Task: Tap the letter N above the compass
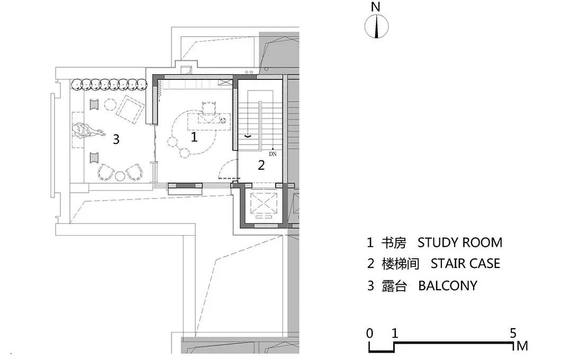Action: [376, 7]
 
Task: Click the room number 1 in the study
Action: [194, 137]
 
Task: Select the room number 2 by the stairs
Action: [261, 165]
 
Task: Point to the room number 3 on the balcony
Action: [116, 140]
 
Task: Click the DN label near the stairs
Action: [273, 154]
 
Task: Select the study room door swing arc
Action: [228, 169]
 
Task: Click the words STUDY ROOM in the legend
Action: [459, 243]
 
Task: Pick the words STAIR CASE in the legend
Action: [465, 264]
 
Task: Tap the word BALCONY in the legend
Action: [447, 286]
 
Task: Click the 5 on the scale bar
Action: [513, 334]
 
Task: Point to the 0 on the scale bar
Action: [369, 334]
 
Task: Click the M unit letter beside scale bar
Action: [522, 346]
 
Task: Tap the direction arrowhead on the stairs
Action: [247, 137]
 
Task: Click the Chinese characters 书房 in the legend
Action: [394, 243]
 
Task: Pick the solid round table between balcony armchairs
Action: [120, 175]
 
